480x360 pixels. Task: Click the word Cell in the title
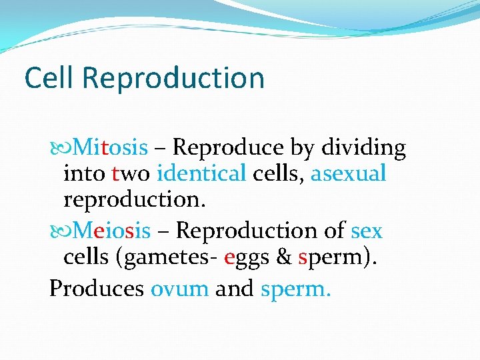click(50, 78)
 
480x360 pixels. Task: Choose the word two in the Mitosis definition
click(131, 173)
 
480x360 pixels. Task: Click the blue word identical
click(201, 173)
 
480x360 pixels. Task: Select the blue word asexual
click(348, 173)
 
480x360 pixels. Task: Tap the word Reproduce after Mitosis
click(229, 147)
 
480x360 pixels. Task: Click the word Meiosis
click(111, 231)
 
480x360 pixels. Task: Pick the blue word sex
click(367, 231)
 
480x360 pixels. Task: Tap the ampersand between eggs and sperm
click(283, 257)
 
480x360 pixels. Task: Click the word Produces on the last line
click(97, 288)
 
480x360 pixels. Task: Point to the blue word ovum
click(179, 288)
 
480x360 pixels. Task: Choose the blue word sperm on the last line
click(295, 288)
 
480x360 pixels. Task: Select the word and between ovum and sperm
click(234, 288)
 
